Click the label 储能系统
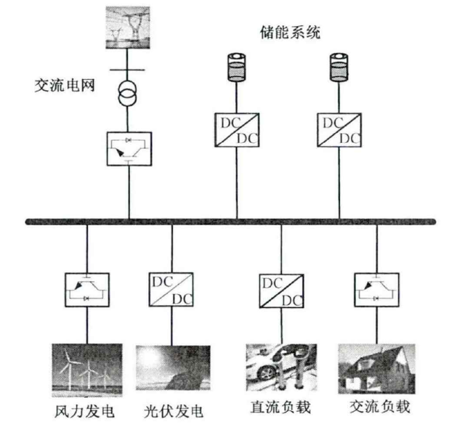click(x=290, y=33)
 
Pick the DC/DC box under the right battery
click(x=339, y=129)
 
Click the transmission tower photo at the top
click(x=130, y=27)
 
